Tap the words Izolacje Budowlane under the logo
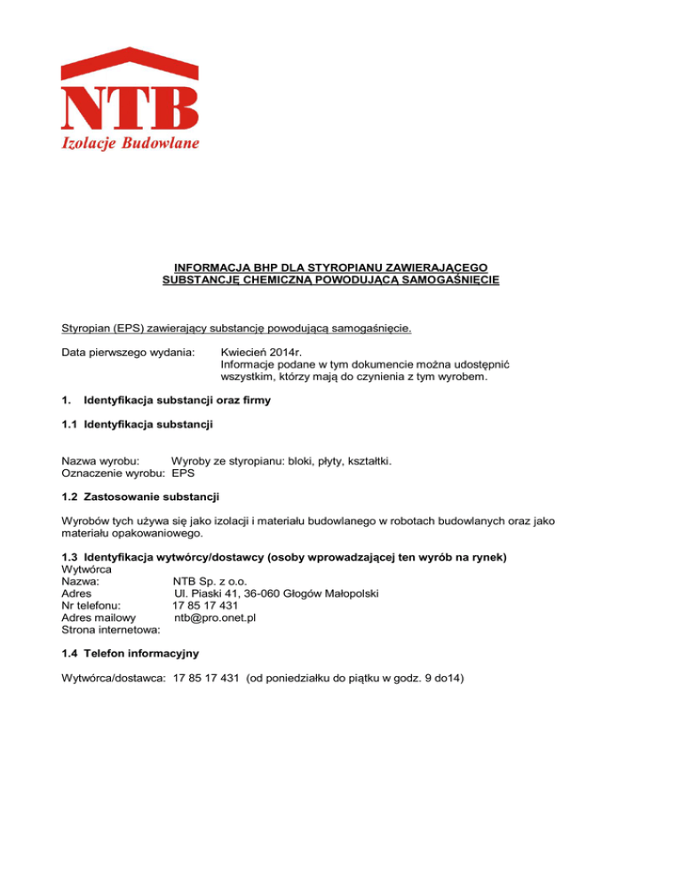pyautogui.click(x=130, y=144)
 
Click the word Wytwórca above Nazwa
pyautogui.click(x=87, y=567)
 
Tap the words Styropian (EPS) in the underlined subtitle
pyautogui.click(x=111, y=328)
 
